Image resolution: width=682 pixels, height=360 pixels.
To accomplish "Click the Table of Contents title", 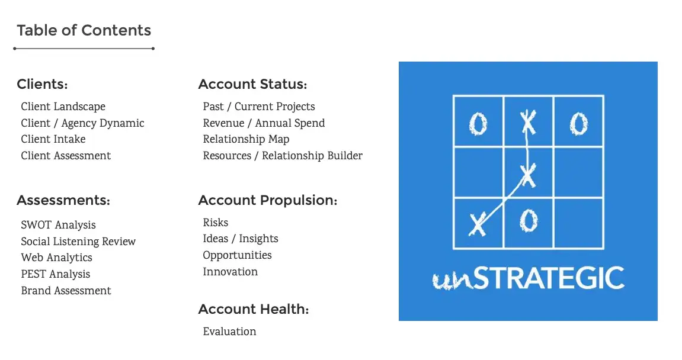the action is tap(84, 30).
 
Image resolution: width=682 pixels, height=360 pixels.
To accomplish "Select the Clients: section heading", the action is tap(42, 84).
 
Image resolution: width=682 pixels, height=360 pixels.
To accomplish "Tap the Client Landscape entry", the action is tap(63, 107).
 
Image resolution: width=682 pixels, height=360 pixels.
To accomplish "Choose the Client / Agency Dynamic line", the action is tap(82, 123).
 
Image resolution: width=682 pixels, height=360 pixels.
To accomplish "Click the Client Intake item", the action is tap(53, 139).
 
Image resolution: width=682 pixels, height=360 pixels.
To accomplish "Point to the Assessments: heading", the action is tap(63, 200).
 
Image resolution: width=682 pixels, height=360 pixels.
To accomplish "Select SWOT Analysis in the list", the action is tap(58, 225).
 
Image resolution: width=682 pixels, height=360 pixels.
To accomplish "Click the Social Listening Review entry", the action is tap(78, 242).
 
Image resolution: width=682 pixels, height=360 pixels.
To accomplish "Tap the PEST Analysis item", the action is tap(56, 274).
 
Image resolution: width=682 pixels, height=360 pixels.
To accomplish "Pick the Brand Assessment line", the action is tap(66, 291).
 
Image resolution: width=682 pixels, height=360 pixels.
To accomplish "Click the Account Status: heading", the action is tap(252, 84).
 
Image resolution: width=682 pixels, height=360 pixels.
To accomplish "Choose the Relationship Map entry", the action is tap(246, 139).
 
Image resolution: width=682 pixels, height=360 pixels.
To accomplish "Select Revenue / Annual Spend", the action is tap(264, 123).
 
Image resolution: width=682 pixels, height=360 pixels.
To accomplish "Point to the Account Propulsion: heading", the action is tap(268, 200).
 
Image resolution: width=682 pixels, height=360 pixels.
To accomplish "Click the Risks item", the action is tap(215, 223).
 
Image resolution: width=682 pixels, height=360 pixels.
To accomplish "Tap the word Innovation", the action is tap(230, 272).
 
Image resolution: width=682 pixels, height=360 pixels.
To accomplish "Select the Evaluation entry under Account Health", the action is tap(230, 332).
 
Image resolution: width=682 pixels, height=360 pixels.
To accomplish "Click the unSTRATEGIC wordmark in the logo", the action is tap(529, 278).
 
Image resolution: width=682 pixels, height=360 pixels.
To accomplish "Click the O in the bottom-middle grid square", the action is tap(529, 220).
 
